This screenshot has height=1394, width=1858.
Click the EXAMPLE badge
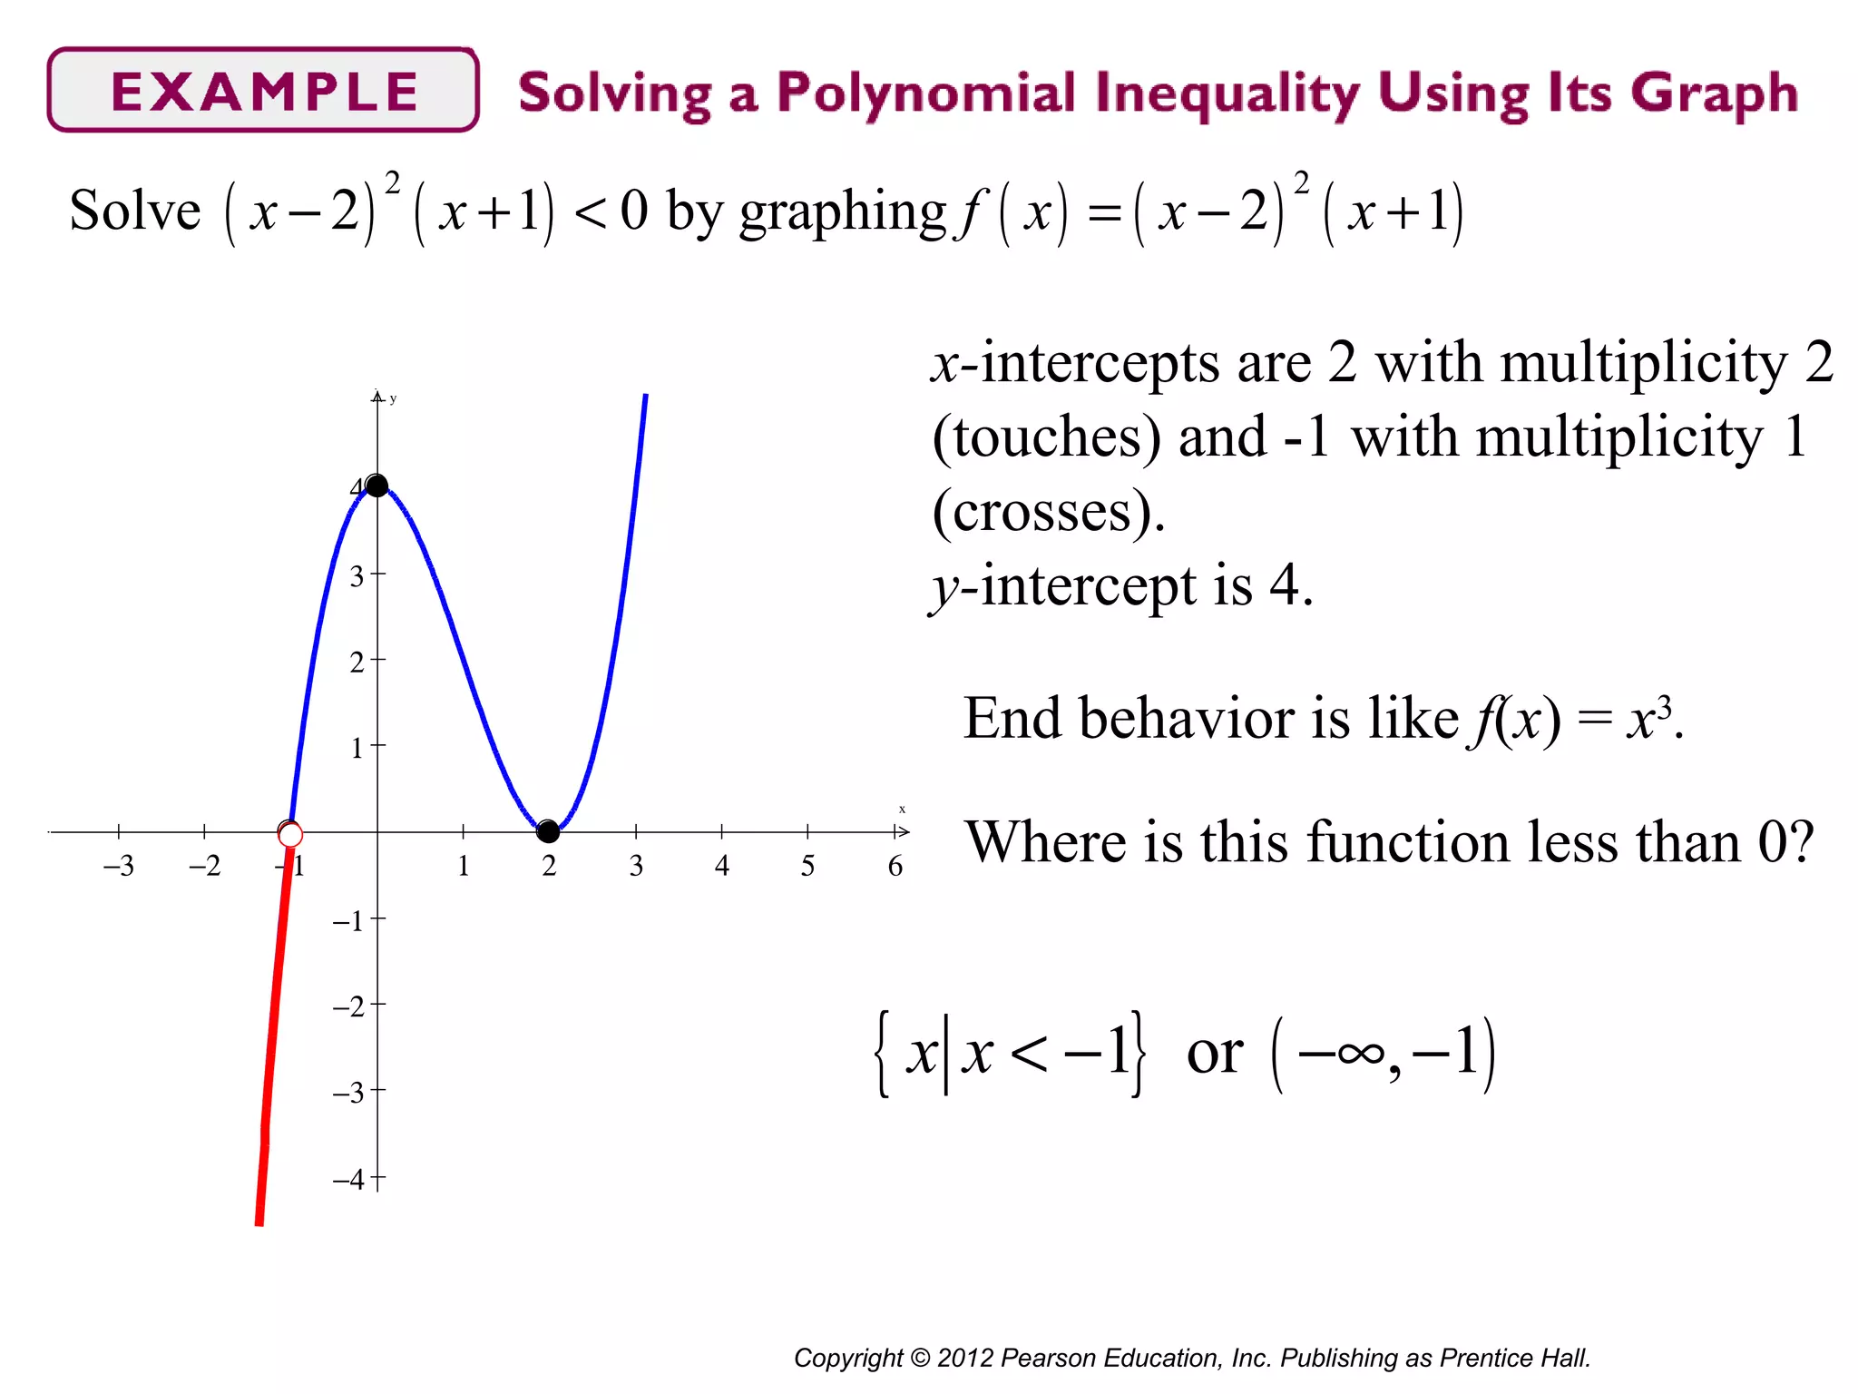coord(263,91)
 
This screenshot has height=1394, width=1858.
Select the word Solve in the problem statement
coord(134,211)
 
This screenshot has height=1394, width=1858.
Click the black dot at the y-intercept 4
coord(376,486)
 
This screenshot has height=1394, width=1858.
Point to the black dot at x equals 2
coord(548,830)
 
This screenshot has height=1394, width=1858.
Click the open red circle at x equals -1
coord(290,834)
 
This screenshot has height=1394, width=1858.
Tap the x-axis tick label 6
coord(895,866)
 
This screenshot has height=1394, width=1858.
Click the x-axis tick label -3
coord(118,866)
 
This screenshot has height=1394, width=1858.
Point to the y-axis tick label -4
coord(348,1180)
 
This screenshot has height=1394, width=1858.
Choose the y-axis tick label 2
coord(357,663)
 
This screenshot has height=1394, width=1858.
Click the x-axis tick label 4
coord(721,866)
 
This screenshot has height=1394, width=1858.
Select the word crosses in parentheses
coord(1042,512)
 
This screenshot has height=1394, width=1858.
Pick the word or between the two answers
coord(1214,1054)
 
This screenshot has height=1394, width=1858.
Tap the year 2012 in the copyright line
coord(965,1358)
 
